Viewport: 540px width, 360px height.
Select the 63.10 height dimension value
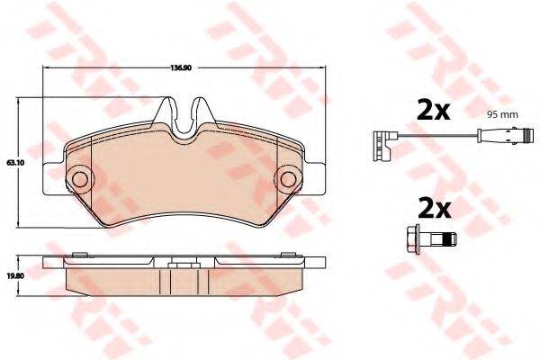pyautogui.click(x=13, y=163)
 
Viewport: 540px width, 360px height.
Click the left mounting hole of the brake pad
pyautogui.click(x=78, y=178)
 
